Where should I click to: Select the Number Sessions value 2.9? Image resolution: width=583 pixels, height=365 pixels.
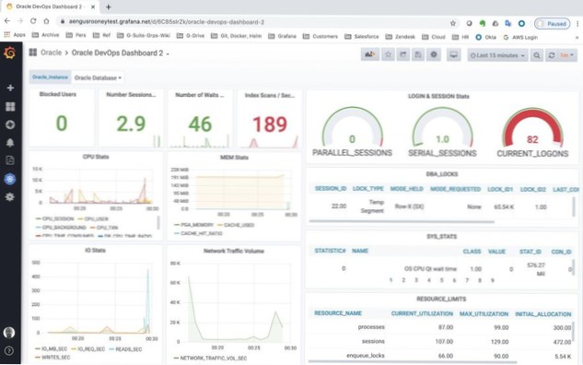coord(131,124)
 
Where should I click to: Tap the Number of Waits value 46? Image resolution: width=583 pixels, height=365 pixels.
coord(200,124)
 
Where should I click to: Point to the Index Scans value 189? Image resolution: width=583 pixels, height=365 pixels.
coord(269,124)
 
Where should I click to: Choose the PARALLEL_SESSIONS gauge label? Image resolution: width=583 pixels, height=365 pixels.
coord(353,152)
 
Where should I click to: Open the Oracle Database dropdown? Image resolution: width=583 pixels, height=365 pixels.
coord(98,77)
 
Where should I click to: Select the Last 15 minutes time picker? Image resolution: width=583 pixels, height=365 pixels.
coord(498,55)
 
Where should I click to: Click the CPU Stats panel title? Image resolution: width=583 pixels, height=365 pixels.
coord(96,157)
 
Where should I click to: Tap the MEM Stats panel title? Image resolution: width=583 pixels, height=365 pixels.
coord(234,158)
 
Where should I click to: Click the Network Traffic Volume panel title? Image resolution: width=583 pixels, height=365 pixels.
coord(234,250)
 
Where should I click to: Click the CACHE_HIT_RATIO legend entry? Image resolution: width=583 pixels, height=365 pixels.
coord(205,233)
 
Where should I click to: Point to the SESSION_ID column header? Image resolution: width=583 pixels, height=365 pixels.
coord(331,189)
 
